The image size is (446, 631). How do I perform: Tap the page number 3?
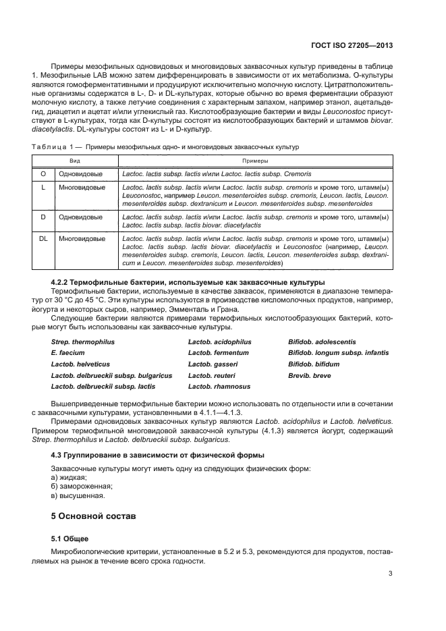(391, 574)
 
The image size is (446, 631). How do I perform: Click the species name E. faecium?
(65, 353)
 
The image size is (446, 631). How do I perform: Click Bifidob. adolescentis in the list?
(322, 342)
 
